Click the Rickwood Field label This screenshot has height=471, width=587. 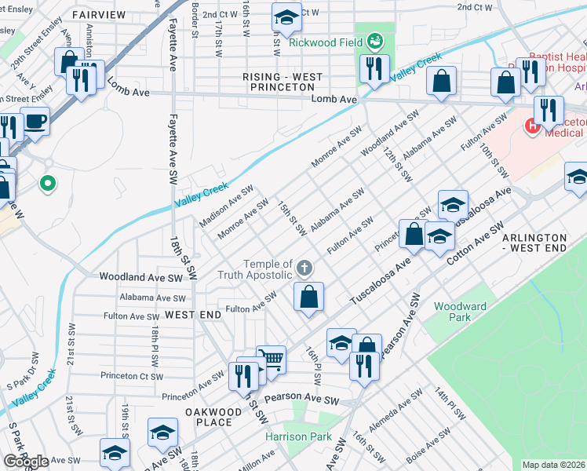click(326, 42)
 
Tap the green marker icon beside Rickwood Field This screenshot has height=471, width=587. click(374, 39)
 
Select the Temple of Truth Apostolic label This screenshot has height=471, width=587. click(268, 269)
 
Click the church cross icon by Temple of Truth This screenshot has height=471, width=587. click(305, 269)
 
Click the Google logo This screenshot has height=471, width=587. click(26, 461)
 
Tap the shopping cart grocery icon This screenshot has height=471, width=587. click(271, 360)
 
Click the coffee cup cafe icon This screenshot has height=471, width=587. click(35, 122)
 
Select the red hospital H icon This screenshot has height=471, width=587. click(532, 124)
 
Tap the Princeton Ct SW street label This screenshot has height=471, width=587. click(126, 375)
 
